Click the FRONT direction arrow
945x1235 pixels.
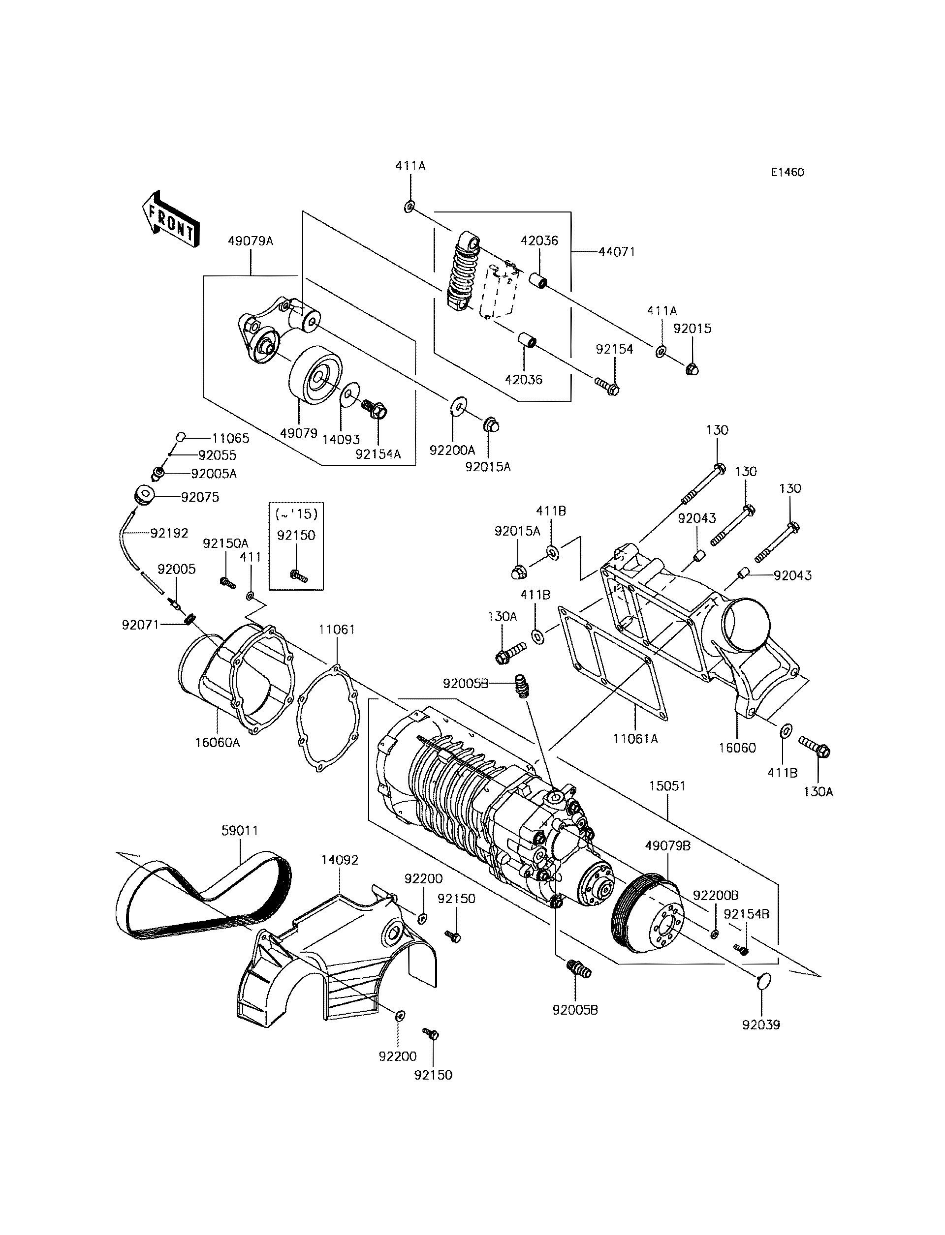[170, 220]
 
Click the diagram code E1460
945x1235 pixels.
[787, 173]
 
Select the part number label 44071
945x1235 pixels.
[617, 252]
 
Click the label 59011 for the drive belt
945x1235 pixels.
[240, 830]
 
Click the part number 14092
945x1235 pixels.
[339, 860]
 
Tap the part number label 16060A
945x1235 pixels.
[217, 743]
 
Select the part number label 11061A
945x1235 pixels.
[635, 739]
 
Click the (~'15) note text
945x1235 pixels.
[296, 514]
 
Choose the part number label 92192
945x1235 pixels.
[169, 533]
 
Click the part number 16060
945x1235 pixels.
[737, 748]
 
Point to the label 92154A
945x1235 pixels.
[378, 454]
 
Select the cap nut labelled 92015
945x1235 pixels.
[692, 369]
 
